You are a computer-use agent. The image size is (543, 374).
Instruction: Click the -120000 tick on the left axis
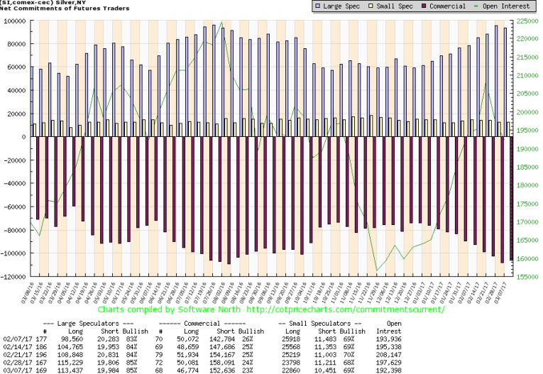15,276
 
